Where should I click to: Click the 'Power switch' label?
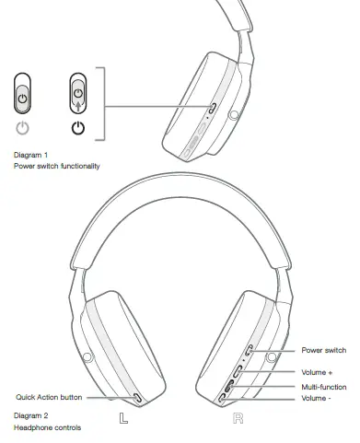323,351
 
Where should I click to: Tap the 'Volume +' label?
316,371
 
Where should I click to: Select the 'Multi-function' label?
323,387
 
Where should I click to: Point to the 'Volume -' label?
315,398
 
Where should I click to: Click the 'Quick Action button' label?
48,398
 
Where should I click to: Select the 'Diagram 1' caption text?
31,154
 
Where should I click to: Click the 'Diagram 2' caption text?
31,415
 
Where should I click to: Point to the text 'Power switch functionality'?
56,166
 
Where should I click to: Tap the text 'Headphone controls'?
47,427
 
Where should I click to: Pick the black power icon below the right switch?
78,128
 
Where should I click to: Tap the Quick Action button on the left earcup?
137,398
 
